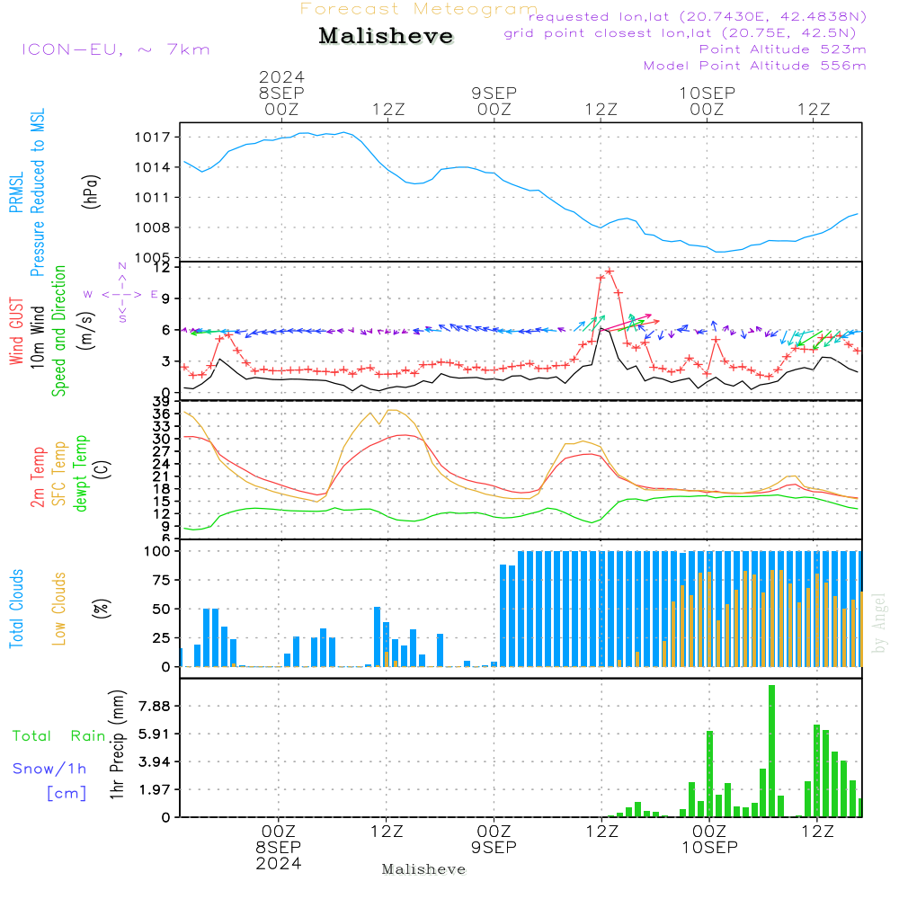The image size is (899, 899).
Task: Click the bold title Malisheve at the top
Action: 386,36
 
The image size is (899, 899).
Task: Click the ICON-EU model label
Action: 115,49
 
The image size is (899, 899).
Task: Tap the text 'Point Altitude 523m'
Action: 782,49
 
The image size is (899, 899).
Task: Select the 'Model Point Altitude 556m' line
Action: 755,66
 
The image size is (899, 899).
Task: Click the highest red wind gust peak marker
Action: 610,270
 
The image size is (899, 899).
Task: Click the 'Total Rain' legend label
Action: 59,736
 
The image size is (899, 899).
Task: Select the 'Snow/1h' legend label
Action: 50,769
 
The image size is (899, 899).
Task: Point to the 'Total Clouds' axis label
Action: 17,608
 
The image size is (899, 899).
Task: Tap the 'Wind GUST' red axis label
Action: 17,333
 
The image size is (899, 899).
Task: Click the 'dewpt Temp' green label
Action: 81,474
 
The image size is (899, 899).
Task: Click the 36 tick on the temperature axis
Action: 162,414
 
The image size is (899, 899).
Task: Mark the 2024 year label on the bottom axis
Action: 279,863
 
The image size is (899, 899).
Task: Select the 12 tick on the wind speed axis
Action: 162,267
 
